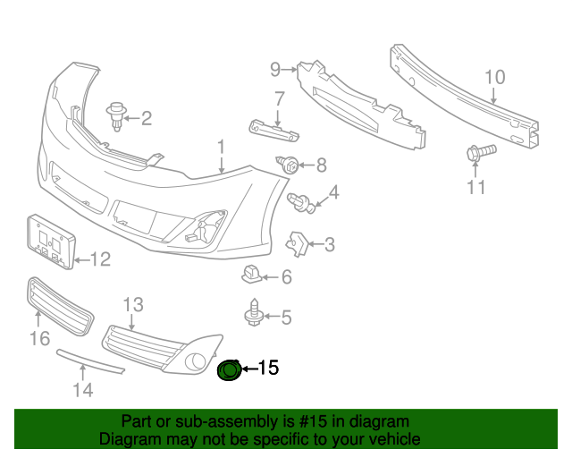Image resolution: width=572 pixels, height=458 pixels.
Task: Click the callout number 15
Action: point(268,368)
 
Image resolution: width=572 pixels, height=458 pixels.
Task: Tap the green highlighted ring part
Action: point(230,369)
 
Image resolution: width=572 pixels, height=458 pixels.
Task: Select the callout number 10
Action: point(495,77)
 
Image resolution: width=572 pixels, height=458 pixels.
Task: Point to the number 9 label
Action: point(275,67)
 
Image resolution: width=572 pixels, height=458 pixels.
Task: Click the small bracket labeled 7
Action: point(273,131)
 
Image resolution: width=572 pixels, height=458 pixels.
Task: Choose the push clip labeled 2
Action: point(115,114)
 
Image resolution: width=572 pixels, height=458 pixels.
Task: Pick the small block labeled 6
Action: point(252,275)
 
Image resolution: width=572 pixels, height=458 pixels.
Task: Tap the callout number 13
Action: point(132,306)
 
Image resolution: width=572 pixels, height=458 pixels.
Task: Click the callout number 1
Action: point(221,147)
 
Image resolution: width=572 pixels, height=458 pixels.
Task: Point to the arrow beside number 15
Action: point(248,369)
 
